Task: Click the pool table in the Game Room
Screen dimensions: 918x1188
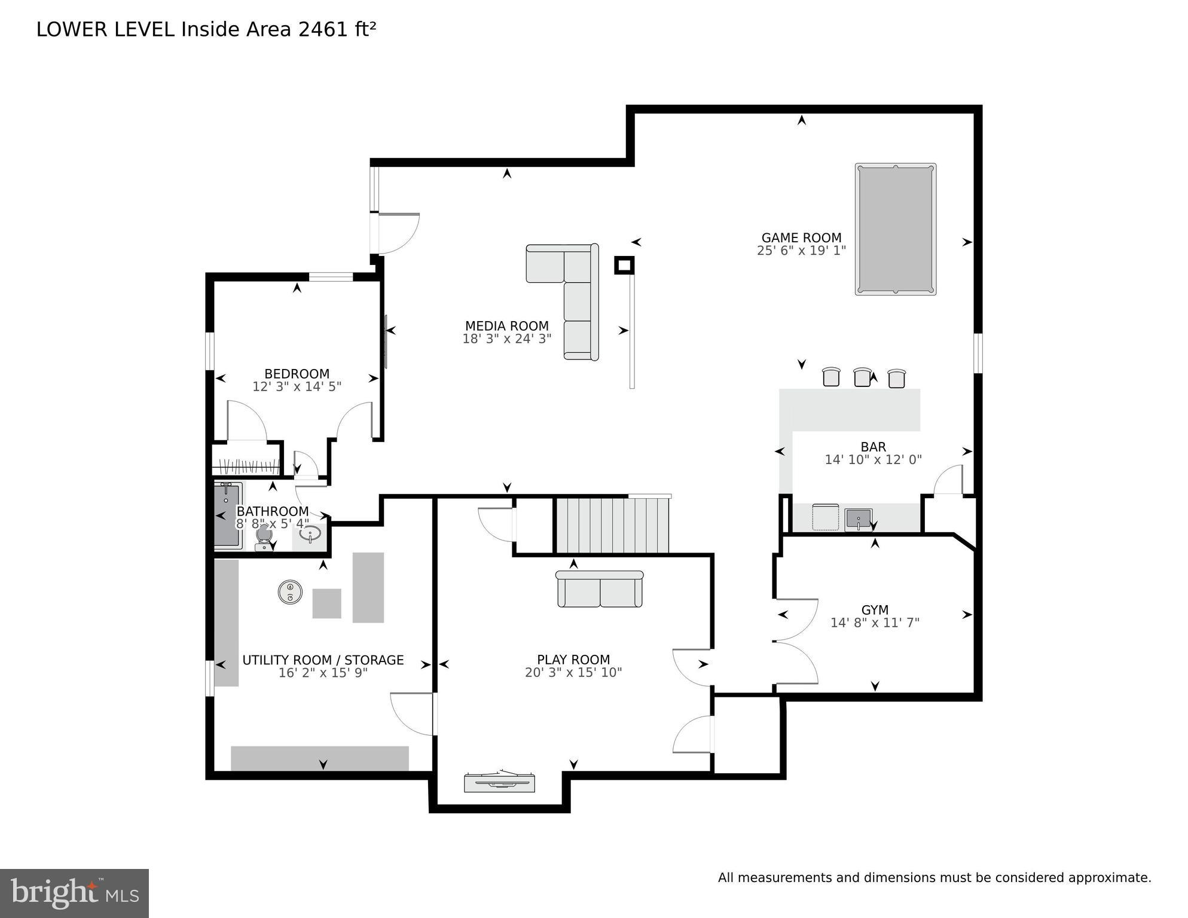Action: [895, 229]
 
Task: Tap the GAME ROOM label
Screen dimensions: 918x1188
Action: [801, 237]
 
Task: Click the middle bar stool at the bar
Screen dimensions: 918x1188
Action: [862, 377]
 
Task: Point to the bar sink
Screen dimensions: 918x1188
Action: [859, 519]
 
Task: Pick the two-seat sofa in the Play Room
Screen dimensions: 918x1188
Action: [600, 589]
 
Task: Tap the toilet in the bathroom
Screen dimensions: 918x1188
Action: [264, 537]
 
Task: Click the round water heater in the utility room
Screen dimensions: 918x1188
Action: [290, 592]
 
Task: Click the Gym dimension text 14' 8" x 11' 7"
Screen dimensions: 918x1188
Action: [874, 623]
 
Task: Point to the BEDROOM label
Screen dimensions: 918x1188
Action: [297, 374]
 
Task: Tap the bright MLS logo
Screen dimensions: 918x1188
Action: [74, 893]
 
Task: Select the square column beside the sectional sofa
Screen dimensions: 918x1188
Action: [624, 265]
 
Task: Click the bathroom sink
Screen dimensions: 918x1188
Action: [311, 534]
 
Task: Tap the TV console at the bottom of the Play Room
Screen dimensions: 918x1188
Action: [499, 783]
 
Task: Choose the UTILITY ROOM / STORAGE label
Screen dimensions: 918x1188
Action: [323, 660]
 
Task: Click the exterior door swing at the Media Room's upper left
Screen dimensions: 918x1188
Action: [398, 233]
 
